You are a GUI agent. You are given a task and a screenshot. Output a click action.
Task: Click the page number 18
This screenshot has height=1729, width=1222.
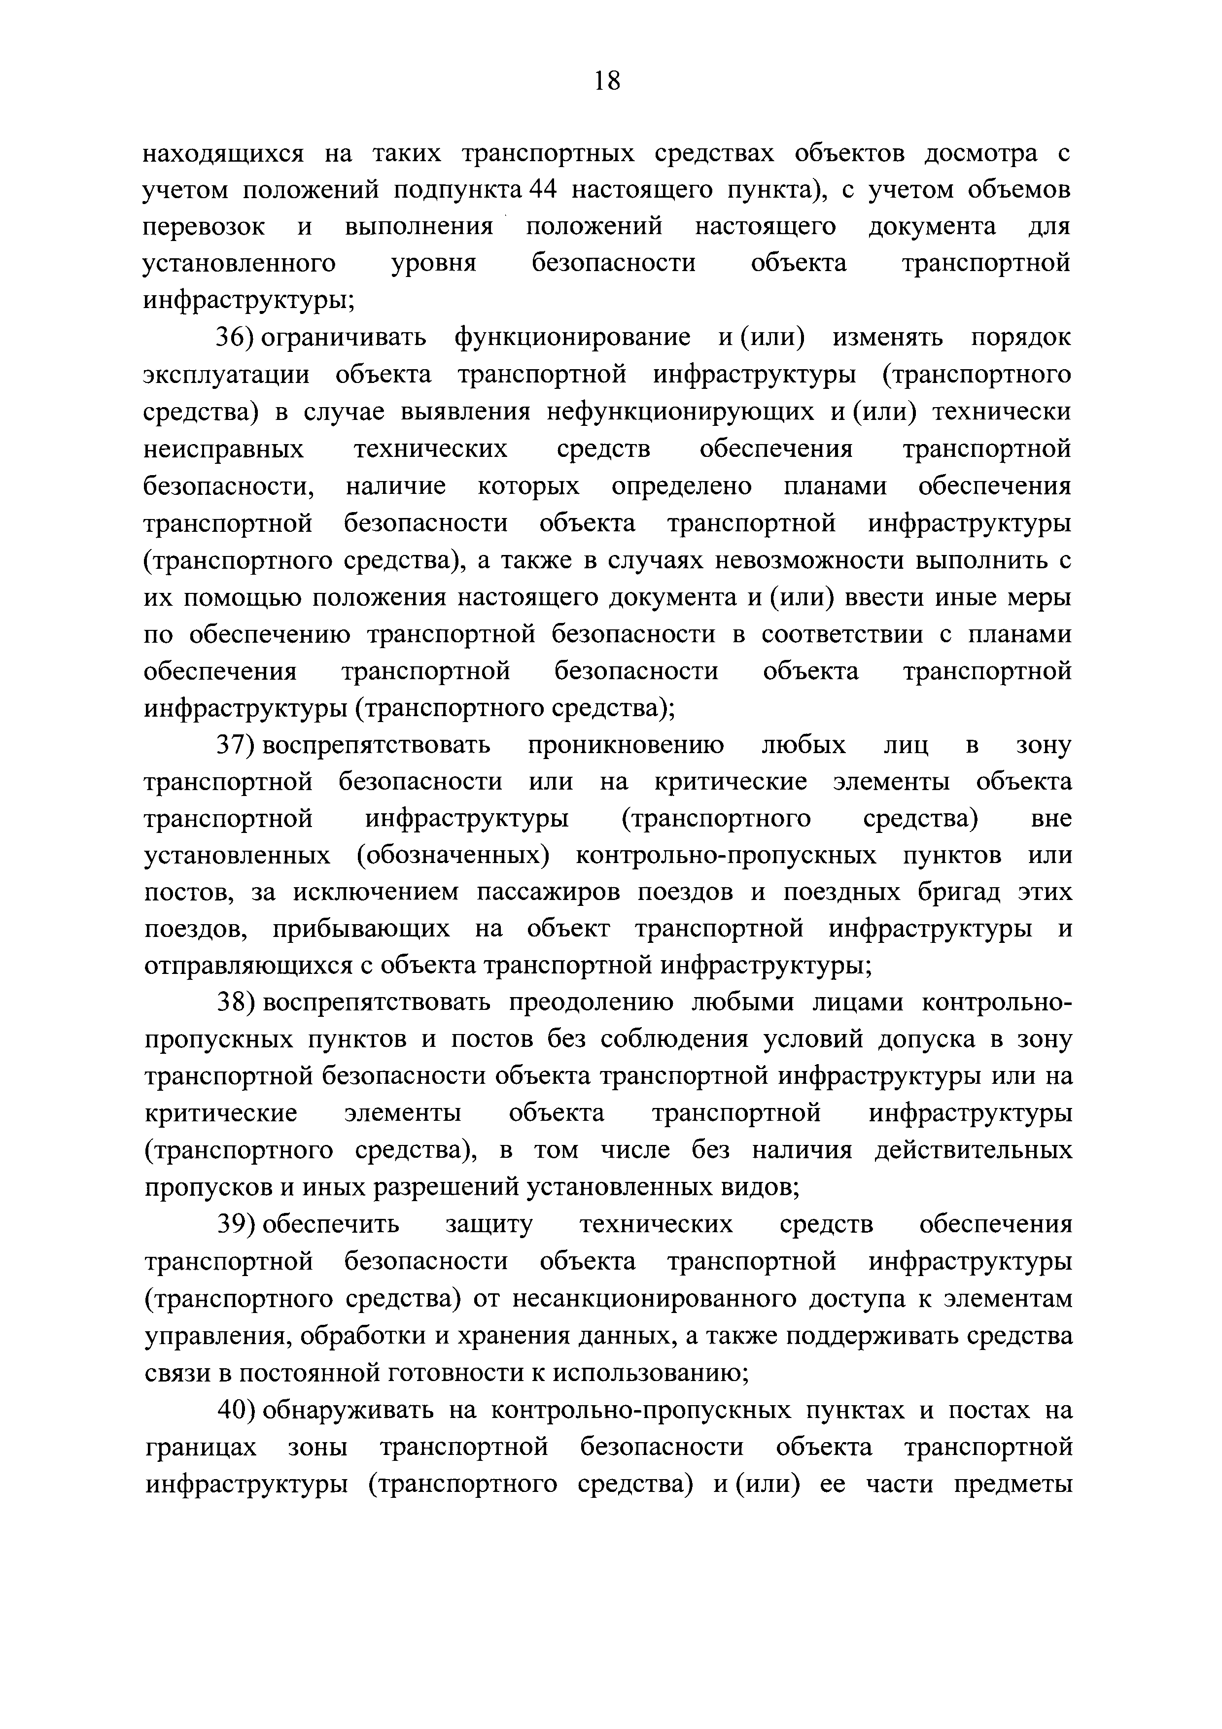tap(607, 80)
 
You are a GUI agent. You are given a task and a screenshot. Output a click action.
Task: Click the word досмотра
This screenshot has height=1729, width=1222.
tap(981, 154)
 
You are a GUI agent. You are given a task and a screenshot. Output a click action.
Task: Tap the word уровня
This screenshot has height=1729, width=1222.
tap(434, 264)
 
